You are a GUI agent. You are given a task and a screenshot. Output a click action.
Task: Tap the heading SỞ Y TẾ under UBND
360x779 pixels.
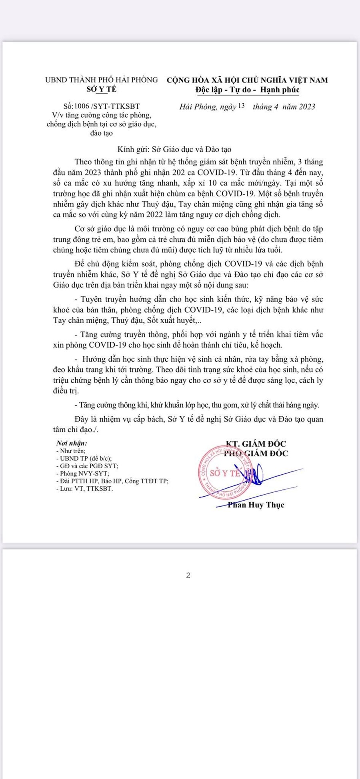(x=102, y=90)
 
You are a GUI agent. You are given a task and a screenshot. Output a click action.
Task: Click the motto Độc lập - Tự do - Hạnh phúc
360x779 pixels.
(x=247, y=90)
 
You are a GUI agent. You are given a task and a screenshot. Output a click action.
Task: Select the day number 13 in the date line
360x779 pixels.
(x=241, y=106)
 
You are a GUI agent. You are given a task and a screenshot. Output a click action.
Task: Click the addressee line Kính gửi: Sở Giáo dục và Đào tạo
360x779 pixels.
(x=174, y=150)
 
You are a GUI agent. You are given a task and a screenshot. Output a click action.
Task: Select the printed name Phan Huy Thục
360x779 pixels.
(x=256, y=505)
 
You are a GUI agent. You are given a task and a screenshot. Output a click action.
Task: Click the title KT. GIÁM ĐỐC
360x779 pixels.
(x=256, y=443)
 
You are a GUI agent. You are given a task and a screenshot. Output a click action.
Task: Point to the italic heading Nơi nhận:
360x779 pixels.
(x=72, y=443)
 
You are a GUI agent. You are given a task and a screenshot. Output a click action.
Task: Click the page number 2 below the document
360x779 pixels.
(x=188, y=575)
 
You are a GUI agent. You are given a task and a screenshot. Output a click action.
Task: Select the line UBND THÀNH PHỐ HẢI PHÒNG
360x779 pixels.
(x=101, y=80)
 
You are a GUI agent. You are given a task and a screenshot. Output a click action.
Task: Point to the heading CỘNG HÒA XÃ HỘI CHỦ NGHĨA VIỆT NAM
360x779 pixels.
(x=247, y=80)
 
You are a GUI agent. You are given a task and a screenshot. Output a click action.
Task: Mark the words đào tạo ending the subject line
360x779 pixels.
(x=101, y=133)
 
